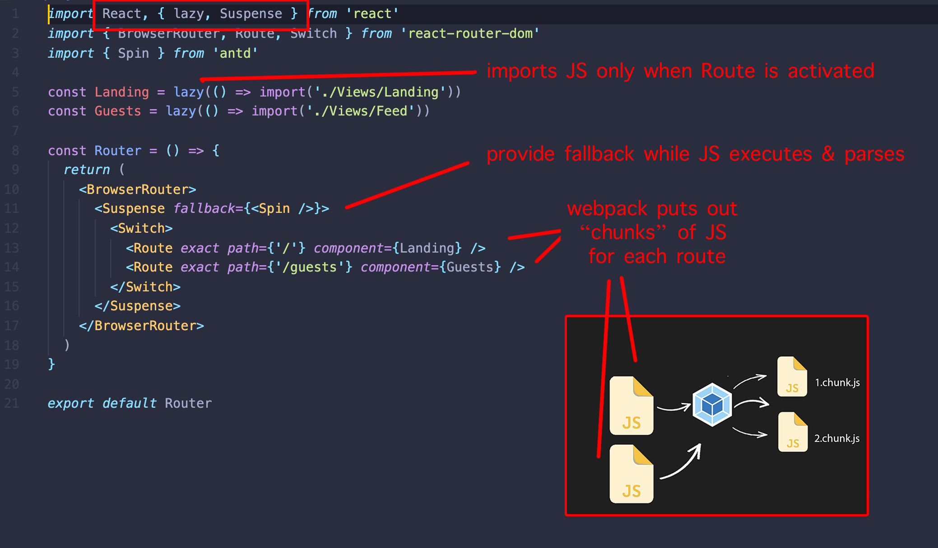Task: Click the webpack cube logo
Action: point(712,404)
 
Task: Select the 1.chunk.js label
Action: point(837,382)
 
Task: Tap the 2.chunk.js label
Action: point(836,438)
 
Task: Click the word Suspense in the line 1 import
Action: point(251,14)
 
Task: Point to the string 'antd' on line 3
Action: point(235,53)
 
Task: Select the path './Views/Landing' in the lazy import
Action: point(380,92)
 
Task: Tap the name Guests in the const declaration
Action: point(117,111)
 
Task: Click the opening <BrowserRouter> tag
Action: point(137,189)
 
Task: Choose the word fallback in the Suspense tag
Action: point(204,208)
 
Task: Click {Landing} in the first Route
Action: point(427,248)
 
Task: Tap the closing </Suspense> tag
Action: point(137,306)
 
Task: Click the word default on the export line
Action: point(129,403)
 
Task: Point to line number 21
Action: point(12,403)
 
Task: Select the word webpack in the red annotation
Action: point(607,209)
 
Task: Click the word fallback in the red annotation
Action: point(599,154)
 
